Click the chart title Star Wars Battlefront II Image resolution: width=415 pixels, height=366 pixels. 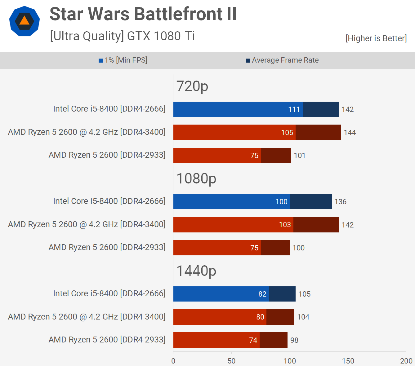(x=143, y=14)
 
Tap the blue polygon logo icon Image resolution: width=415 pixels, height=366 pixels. (x=25, y=21)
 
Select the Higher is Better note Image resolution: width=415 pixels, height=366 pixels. (x=376, y=38)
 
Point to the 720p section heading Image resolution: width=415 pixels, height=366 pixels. (x=192, y=86)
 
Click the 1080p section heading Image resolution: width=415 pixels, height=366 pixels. (x=196, y=179)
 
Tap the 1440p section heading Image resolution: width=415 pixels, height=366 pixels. (x=196, y=271)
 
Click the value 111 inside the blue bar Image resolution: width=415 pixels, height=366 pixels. (x=294, y=109)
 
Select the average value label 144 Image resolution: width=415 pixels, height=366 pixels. (x=350, y=133)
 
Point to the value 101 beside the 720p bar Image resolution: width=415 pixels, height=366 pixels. (x=300, y=156)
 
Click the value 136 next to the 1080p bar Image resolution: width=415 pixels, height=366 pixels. (x=340, y=202)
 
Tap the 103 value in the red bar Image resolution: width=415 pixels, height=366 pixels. (x=285, y=225)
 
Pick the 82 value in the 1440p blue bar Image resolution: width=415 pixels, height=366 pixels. (x=262, y=294)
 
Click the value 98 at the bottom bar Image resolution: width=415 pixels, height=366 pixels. (x=294, y=340)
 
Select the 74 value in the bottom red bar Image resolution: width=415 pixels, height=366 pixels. (x=253, y=340)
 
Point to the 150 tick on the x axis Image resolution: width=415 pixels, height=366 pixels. (x=348, y=361)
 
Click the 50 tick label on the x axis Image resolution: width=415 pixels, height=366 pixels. (x=231, y=361)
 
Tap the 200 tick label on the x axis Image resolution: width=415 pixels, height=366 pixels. (x=406, y=361)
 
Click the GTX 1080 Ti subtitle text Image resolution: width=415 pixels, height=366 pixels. (x=161, y=36)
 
